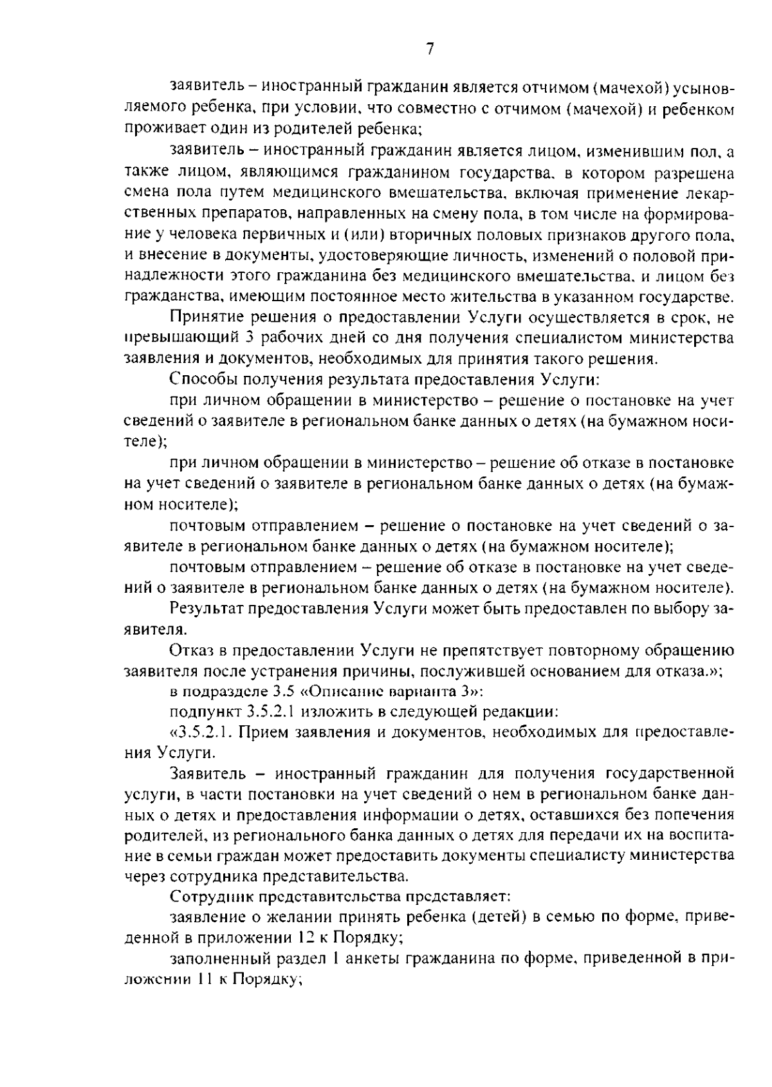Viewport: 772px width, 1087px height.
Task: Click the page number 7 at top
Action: (x=430, y=49)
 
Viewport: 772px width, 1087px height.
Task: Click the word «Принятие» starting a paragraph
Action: (x=207, y=317)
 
